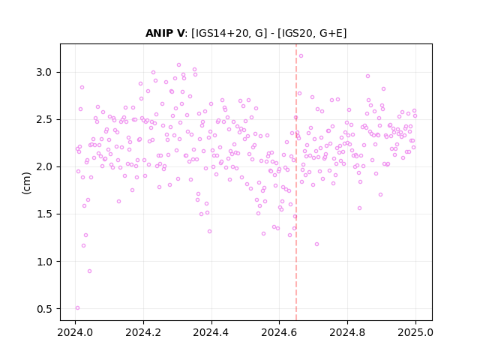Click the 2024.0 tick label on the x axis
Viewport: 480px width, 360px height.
[x=75, y=332]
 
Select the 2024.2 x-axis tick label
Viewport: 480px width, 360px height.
[x=143, y=332]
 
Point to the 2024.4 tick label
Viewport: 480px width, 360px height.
[x=211, y=332]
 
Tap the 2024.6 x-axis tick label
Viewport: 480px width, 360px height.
[x=279, y=332]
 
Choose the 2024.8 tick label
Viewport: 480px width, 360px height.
[x=347, y=332]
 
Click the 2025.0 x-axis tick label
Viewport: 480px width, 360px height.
[x=415, y=332]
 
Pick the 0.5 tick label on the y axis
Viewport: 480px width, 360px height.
[x=46, y=309]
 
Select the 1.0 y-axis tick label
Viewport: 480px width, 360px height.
[x=46, y=262]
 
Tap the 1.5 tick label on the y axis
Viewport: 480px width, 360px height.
[x=46, y=214]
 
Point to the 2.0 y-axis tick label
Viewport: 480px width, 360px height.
[x=46, y=167]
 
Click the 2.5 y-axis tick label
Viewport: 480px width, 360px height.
[x=46, y=120]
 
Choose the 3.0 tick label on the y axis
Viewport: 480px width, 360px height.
[x=46, y=73]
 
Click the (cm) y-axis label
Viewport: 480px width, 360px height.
[x=26, y=183]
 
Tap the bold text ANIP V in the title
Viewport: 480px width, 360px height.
[x=165, y=33]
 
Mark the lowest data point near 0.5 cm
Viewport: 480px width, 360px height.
[x=77, y=308]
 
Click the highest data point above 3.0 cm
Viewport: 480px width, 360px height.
[x=301, y=55]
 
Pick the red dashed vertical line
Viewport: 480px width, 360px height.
[x=296, y=182]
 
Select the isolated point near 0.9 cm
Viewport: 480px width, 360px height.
[x=89, y=271]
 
